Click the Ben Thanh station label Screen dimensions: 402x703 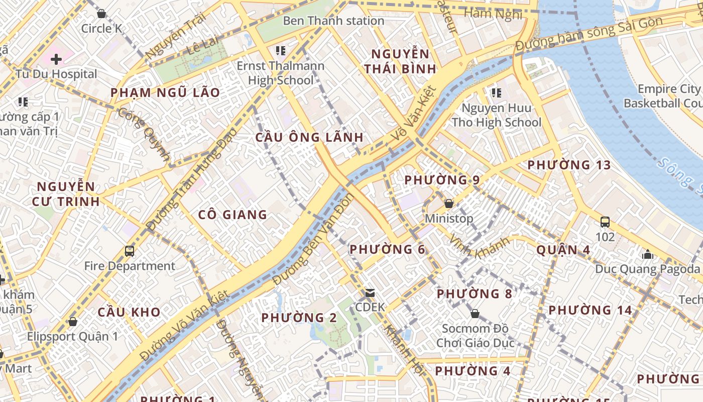[x=333, y=21]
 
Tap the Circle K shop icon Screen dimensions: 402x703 [x=101, y=14]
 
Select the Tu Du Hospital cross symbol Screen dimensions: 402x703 [x=56, y=59]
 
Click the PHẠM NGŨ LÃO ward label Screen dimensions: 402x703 [x=165, y=92]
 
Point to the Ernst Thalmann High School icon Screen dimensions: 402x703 [x=281, y=51]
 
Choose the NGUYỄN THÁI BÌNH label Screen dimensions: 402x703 [x=400, y=61]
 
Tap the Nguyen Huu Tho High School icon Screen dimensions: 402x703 [x=497, y=92]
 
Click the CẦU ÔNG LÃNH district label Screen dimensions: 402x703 [x=309, y=137]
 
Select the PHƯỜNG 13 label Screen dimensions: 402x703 [x=569, y=165]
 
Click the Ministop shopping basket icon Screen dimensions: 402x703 [x=449, y=204]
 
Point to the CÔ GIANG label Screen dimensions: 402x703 [x=232, y=215]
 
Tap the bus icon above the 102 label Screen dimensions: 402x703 [x=605, y=222]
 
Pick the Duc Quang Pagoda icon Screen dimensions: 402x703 [x=648, y=254]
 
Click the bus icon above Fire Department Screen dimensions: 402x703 [x=130, y=251]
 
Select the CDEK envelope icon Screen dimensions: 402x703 [x=370, y=292]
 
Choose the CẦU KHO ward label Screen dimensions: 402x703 [x=129, y=312]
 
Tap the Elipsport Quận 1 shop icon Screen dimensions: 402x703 [x=73, y=322]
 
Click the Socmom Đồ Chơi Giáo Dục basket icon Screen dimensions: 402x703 [x=475, y=314]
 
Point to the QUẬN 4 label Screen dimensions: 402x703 [x=563, y=250]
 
